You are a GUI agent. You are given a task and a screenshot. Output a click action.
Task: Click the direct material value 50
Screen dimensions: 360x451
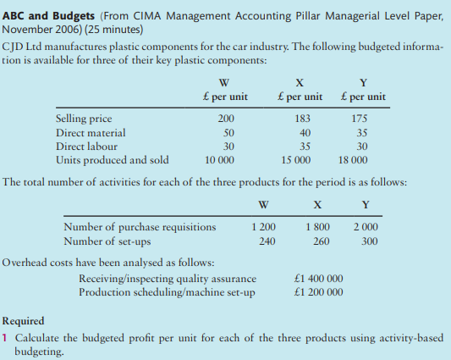(x=228, y=133)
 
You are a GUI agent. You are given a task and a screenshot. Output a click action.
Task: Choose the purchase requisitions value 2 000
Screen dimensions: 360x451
(x=365, y=226)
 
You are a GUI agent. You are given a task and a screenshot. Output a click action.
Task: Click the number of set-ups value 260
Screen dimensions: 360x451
(x=317, y=240)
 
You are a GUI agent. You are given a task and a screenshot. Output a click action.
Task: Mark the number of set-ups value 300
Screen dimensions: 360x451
(x=368, y=240)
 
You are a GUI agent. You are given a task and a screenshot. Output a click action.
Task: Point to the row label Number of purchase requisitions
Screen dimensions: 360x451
(x=140, y=226)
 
